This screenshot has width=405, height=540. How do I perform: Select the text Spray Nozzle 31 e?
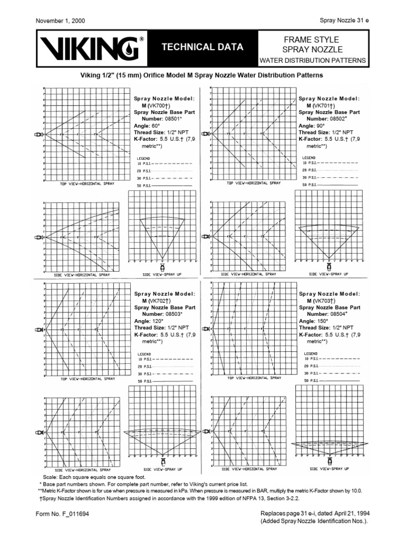[x=344, y=21]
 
